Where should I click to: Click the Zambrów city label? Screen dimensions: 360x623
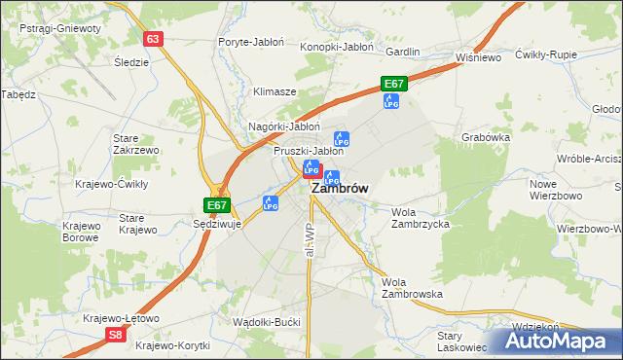coord(339,191)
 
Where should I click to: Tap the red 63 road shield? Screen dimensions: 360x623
coord(152,39)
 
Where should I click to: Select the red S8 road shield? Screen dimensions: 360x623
coord(116,335)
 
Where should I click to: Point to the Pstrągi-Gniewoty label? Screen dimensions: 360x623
coord(59,28)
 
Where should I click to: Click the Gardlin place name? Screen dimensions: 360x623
coord(403,51)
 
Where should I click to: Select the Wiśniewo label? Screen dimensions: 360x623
coord(478,57)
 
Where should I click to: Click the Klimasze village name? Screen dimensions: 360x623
coord(275,91)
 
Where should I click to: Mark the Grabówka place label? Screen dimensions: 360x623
coord(486,137)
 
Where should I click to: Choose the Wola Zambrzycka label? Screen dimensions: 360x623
coord(420,217)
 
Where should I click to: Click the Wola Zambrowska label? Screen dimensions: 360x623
coord(413,287)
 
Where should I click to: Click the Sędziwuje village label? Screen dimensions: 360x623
coord(217,223)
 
